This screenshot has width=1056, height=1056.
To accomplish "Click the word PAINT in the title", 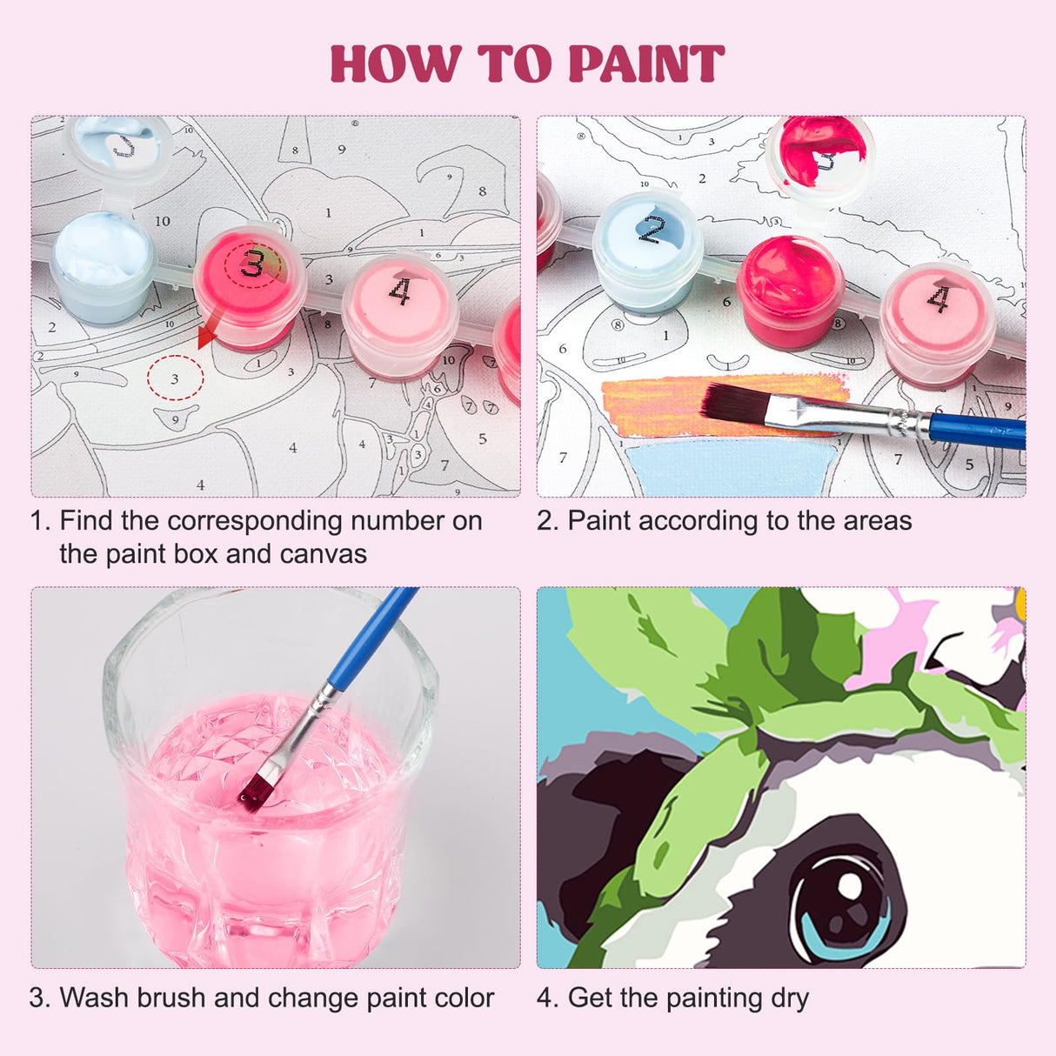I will pyautogui.click(x=645, y=64).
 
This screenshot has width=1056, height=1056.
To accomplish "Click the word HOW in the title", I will pyautogui.click(x=396, y=64).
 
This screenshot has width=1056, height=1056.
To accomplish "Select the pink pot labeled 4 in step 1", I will pyautogui.click(x=399, y=309).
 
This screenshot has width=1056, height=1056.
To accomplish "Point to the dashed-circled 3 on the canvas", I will pyautogui.click(x=175, y=378).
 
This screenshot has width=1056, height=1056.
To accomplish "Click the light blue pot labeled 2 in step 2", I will pyautogui.click(x=647, y=248).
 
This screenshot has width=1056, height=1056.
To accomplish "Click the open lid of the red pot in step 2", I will pyautogui.click(x=820, y=150).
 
